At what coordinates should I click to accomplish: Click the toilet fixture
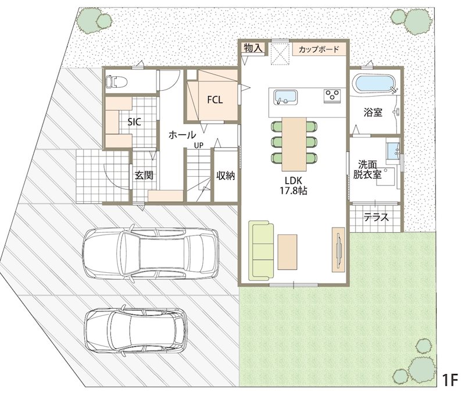point(117,81)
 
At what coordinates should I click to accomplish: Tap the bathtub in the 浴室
point(375,84)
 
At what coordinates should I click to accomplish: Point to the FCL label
point(214,100)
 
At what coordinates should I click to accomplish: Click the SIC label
point(134,122)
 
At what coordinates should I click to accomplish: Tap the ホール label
point(182,135)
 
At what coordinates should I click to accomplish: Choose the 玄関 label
point(144,175)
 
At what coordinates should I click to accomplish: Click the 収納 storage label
point(226,175)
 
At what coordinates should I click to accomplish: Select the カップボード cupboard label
point(319,49)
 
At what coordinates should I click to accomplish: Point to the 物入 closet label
point(253,48)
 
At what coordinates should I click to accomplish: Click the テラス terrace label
point(376,218)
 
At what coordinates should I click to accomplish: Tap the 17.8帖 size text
point(294,191)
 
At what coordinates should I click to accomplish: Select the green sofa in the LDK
point(261,251)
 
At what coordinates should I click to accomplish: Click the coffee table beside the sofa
point(287,252)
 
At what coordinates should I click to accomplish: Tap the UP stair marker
point(199,145)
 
